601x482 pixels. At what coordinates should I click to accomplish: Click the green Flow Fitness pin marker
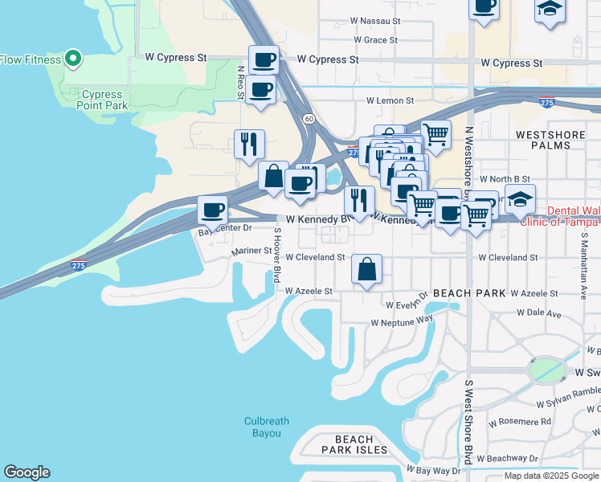[72, 58]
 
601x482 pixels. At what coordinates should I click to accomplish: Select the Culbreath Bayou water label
[264, 427]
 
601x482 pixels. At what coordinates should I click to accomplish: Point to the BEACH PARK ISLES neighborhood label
[354, 444]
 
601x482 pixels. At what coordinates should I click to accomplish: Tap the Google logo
[27, 472]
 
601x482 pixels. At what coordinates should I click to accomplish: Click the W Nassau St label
[376, 22]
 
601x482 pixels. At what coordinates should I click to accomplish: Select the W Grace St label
[376, 40]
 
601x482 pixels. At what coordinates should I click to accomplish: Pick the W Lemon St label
[390, 101]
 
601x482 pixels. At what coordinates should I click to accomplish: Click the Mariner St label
[251, 251]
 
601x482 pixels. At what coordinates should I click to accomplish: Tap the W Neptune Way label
[402, 321]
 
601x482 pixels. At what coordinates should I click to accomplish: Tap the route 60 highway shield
[309, 119]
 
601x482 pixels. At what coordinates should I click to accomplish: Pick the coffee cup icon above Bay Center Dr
[213, 210]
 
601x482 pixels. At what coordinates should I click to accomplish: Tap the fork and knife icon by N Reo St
[249, 145]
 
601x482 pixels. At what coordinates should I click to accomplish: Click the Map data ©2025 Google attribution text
[550, 476]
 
